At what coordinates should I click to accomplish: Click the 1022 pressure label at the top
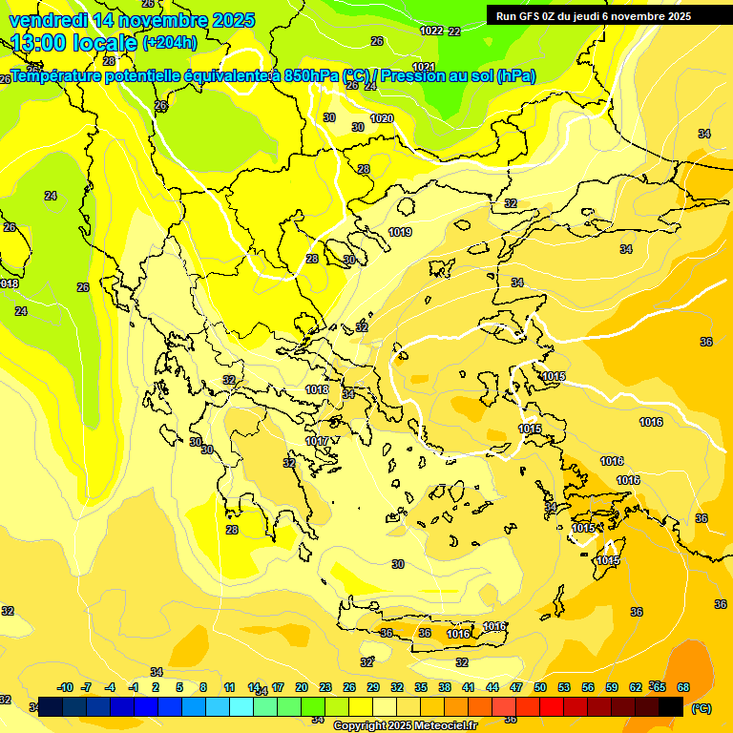(431, 31)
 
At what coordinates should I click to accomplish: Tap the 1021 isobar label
(424, 67)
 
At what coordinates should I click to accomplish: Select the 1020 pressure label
(382, 118)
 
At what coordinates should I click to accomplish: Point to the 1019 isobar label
(400, 232)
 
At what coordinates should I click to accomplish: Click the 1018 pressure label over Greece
(317, 389)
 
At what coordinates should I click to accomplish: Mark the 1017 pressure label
(317, 441)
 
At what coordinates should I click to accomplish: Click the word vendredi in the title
(49, 20)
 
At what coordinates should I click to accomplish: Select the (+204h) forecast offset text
(170, 43)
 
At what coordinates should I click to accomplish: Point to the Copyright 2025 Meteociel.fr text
(405, 725)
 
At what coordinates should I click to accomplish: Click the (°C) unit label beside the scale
(701, 708)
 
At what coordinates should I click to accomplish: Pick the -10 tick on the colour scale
(66, 687)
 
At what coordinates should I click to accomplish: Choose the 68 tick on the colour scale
(683, 687)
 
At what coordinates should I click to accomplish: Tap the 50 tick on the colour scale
(540, 687)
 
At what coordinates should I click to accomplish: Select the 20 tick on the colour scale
(301, 687)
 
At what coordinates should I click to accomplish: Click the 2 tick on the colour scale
(157, 687)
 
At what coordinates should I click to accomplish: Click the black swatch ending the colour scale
(671, 706)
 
